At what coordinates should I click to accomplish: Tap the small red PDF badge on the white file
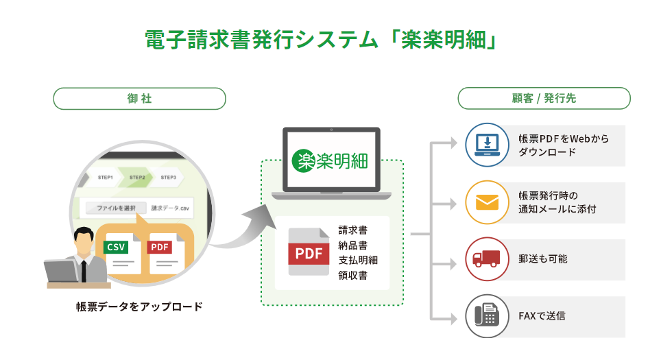160,247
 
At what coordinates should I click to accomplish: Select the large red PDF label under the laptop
309,254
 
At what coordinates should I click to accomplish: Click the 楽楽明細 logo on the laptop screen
330,160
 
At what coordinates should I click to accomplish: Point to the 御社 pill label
140,99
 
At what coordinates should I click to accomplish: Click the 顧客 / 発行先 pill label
544,99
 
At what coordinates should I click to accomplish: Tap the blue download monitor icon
487,145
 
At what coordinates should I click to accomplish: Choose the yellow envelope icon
487,202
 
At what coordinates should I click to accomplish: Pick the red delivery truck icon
487,259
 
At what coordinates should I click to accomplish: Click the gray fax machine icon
487,316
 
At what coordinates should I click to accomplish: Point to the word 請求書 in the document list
352,230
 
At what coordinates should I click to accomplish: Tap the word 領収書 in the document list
352,276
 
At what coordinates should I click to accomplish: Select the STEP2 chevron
137,178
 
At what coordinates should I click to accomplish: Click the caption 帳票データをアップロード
139,307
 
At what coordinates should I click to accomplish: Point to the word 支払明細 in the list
358,261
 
